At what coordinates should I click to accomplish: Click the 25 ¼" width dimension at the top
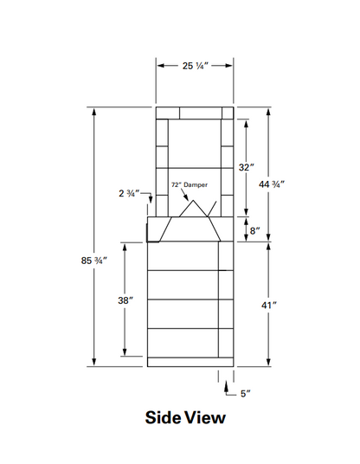point(194,65)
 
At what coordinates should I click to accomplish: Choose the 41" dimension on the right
point(270,305)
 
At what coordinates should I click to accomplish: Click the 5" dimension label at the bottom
point(246,394)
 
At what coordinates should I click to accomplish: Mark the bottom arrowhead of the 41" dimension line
point(270,363)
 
